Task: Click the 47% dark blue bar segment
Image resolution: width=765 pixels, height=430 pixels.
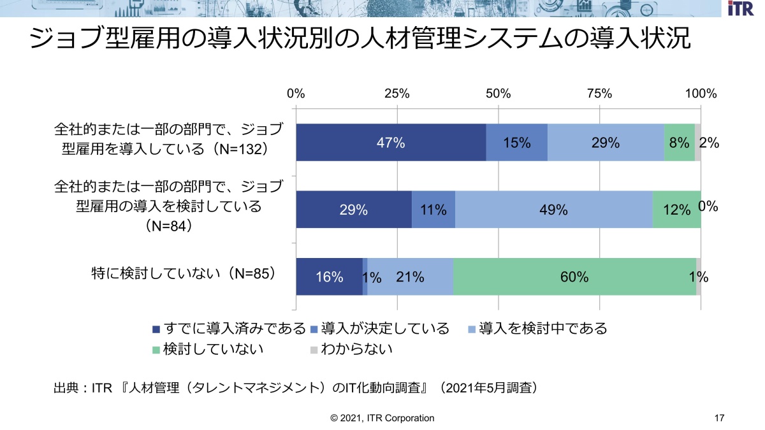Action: pyautogui.click(x=390, y=143)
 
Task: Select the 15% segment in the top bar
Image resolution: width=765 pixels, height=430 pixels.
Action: pyautogui.click(x=516, y=143)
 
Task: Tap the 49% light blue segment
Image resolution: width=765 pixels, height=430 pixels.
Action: pyautogui.click(x=553, y=210)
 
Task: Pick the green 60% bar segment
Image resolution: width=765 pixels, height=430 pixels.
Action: pyautogui.click(x=574, y=276)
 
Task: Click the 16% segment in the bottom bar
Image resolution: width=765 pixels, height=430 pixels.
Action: pyautogui.click(x=329, y=276)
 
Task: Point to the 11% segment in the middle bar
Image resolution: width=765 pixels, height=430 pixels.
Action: pyautogui.click(x=433, y=210)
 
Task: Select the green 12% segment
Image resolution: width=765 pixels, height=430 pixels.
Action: pyautogui.click(x=676, y=210)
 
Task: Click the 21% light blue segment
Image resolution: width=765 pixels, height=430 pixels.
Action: pyautogui.click(x=410, y=276)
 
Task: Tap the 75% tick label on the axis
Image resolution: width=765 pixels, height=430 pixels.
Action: pyautogui.click(x=599, y=94)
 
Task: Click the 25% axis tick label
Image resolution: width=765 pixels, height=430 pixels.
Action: pyautogui.click(x=397, y=94)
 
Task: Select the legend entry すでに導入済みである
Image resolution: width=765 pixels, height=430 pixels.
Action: pyautogui.click(x=229, y=329)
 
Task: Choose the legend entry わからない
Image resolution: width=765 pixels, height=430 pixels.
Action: pyautogui.click(x=351, y=349)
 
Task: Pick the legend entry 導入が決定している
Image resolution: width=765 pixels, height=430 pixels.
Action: pyautogui.click(x=380, y=329)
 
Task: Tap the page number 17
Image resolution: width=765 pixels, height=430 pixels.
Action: pyautogui.click(x=720, y=418)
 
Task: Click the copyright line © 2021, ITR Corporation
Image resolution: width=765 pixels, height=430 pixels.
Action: pyautogui.click(x=382, y=418)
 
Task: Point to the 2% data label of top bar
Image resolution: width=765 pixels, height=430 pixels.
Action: pyautogui.click(x=710, y=143)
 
